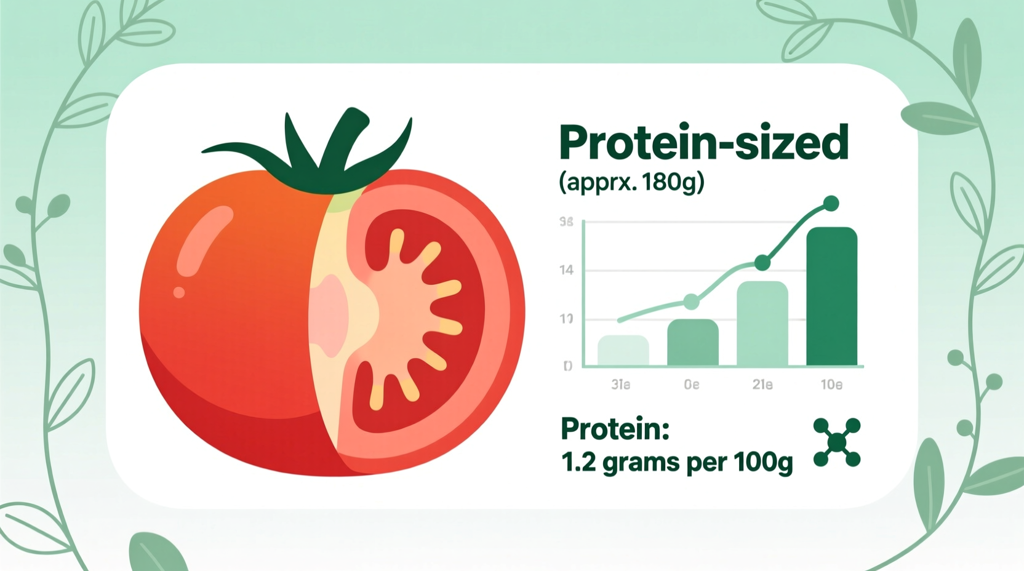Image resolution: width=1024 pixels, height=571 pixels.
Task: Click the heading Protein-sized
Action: pos(703,143)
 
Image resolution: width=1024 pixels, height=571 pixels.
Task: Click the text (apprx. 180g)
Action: pos(631,182)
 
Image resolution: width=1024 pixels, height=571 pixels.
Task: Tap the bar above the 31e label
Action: pos(623,351)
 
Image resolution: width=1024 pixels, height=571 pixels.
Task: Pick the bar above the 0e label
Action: pos(692,343)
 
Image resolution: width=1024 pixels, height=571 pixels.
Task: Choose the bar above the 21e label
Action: pos(762,324)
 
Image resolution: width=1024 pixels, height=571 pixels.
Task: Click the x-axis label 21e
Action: pos(762,385)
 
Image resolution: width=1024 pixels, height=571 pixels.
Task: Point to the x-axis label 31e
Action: pos(620,385)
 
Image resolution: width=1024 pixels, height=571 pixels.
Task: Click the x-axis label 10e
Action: pos(831,385)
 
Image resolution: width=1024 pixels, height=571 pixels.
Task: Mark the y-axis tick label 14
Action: pos(566,270)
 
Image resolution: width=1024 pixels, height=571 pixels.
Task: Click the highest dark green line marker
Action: pos(831,203)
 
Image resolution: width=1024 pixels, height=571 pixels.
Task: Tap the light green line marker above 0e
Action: pos(692,301)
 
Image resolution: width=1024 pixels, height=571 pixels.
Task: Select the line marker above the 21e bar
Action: pos(762,263)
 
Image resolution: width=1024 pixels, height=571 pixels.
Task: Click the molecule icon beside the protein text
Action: pos(836,442)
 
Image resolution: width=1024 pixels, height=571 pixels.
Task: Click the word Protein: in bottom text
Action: pos(615,429)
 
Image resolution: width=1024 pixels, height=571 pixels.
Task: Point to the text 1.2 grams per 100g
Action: pos(676,463)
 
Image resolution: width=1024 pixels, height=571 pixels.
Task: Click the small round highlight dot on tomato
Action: pos(179,292)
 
